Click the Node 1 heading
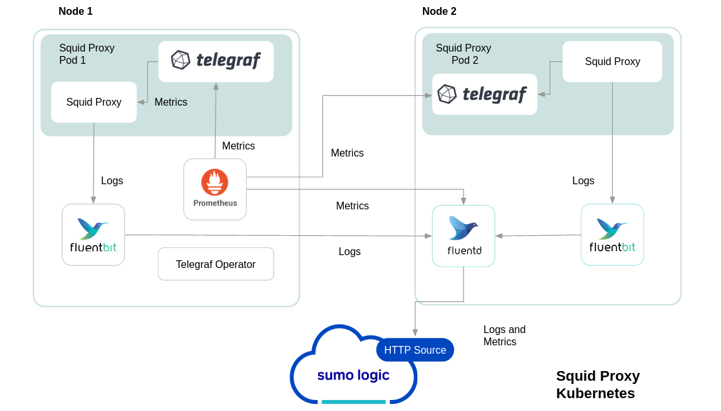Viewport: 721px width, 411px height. (x=75, y=11)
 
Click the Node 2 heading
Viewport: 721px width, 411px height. (x=439, y=11)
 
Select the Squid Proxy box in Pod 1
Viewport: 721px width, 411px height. (x=94, y=102)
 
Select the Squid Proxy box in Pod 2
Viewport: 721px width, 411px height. (x=612, y=61)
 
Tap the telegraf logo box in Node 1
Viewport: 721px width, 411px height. (x=216, y=61)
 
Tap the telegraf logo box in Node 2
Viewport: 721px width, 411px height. (x=484, y=94)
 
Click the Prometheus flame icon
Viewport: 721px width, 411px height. (x=215, y=182)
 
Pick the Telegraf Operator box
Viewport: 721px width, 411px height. (x=216, y=264)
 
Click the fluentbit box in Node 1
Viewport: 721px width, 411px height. (x=93, y=234)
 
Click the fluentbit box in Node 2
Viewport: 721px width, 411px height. (x=612, y=234)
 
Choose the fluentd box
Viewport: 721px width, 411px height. (x=464, y=236)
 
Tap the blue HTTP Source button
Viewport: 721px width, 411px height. (x=415, y=350)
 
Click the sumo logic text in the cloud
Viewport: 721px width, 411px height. (x=353, y=375)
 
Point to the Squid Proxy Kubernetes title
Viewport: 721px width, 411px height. (x=597, y=385)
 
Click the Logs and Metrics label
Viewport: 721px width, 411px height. (x=504, y=336)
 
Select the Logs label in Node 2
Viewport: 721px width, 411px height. (x=583, y=181)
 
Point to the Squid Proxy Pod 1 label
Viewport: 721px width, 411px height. (x=87, y=54)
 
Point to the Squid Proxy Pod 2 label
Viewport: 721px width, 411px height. (x=464, y=54)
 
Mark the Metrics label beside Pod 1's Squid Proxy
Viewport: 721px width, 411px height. (x=171, y=102)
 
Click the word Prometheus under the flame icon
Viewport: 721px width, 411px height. (x=215, y=204)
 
